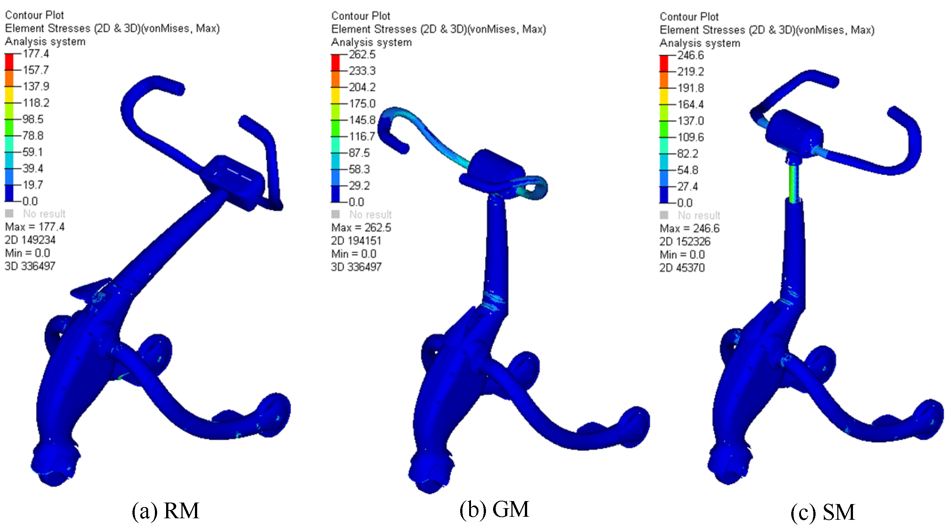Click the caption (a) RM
[166, 511]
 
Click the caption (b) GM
[494, 510]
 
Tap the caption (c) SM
[823, 512]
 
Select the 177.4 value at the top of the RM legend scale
[36, 54]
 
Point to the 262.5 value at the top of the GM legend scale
[362, 55]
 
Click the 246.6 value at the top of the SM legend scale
[691, 55]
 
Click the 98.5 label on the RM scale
[33, 119]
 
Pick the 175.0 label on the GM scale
[362, 104]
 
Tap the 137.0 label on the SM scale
[691, 121]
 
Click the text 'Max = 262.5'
[361, 228]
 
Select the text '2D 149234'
[30, 240]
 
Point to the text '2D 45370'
[682, 268]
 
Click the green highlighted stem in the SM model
[793, 183]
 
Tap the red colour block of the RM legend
[9, 62]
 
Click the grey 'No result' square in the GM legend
[336, 214]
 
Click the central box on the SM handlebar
[794, 133]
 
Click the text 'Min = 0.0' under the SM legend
[682, 254]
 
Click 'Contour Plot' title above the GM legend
[361, 16]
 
